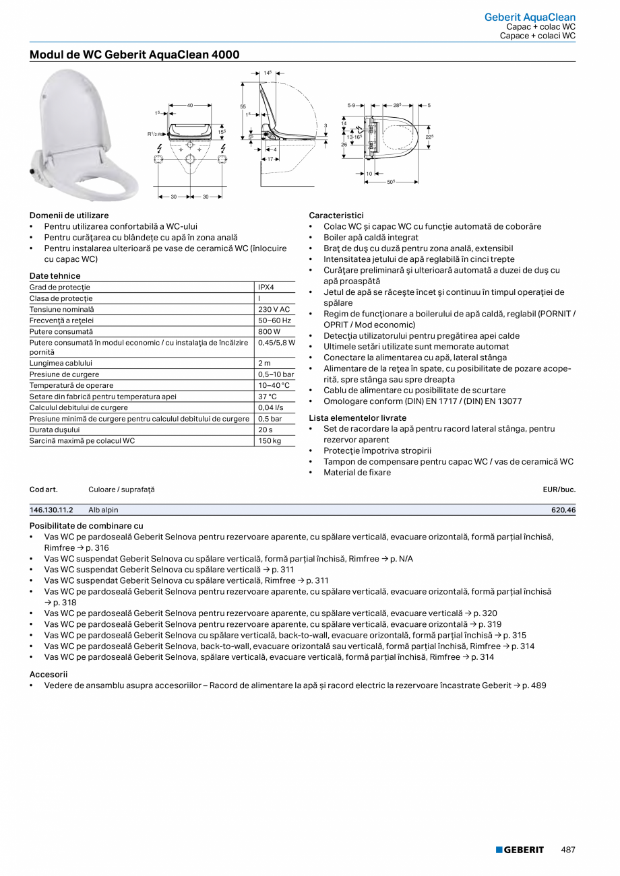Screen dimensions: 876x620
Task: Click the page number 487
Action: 568,850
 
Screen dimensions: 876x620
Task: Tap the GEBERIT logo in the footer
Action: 520,850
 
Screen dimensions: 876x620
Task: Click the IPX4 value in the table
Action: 267,288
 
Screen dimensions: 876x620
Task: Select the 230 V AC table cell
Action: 274,310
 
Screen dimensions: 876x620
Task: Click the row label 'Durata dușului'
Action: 55,430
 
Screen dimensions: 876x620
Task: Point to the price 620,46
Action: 563,510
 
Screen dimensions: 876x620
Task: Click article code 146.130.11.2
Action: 52,510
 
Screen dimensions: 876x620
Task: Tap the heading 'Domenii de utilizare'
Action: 69,215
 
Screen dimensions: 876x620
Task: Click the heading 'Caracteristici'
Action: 336,215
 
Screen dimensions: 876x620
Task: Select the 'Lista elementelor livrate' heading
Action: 357,418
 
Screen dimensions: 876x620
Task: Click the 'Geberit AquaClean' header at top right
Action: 530,18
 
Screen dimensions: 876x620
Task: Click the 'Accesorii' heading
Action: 49,674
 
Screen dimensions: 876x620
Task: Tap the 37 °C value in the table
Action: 268,397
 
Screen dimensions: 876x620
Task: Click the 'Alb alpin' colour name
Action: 103,510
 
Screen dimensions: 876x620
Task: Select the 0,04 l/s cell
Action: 270,407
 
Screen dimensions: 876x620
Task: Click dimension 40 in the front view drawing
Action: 190,105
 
